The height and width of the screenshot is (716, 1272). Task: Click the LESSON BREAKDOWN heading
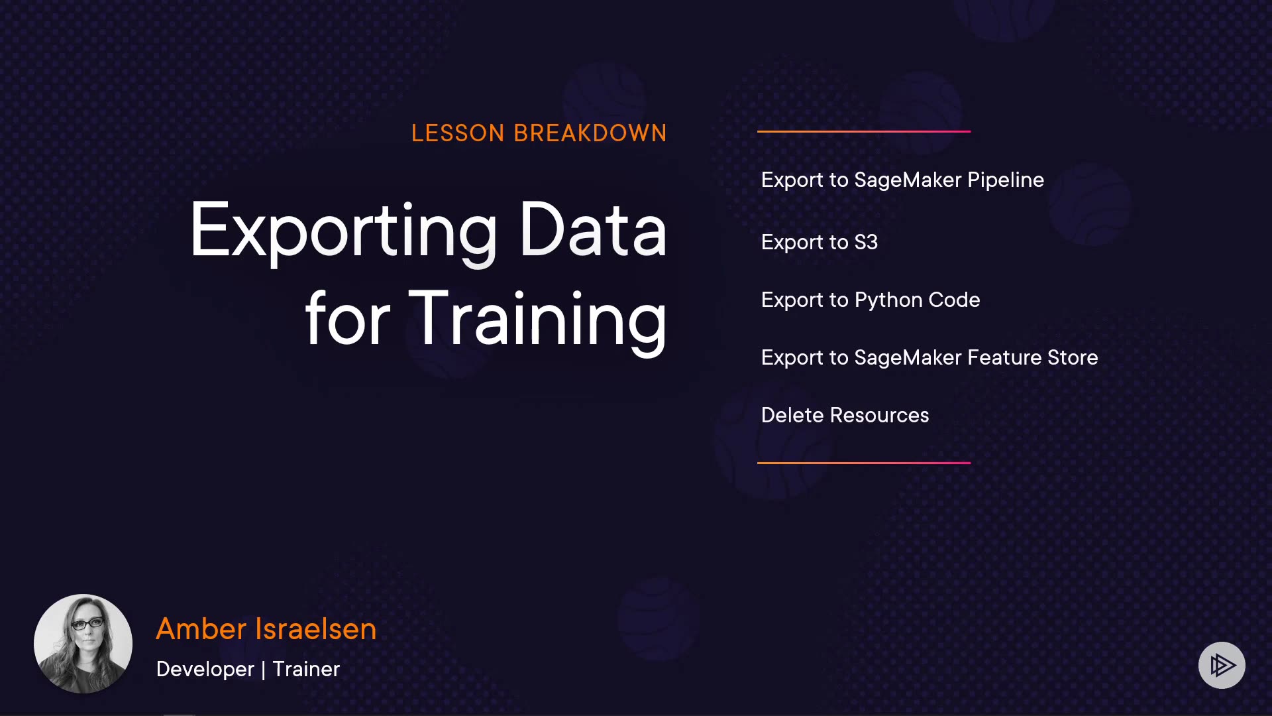539,133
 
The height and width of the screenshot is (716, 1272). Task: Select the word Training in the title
537,320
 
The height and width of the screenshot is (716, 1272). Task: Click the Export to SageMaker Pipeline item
902,180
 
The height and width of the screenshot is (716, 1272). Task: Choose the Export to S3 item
820,242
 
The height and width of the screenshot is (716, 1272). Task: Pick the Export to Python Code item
871,300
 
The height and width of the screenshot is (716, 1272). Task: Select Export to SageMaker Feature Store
929,358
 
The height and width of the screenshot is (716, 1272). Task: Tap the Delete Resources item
845,415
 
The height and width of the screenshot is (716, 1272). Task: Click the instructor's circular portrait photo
83,644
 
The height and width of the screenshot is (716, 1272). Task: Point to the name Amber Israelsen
266,628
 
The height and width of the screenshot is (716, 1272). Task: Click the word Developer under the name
205,670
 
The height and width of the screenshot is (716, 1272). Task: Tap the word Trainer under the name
306,669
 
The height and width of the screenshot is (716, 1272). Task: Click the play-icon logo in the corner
1222,665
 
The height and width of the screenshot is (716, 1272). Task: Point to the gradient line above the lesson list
864,131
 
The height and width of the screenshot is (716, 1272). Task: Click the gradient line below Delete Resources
864,463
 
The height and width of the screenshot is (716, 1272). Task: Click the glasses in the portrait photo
87,624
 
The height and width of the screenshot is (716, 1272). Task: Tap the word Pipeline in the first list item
1006,180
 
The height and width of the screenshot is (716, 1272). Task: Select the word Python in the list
888,300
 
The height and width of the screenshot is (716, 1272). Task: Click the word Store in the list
1073,358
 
